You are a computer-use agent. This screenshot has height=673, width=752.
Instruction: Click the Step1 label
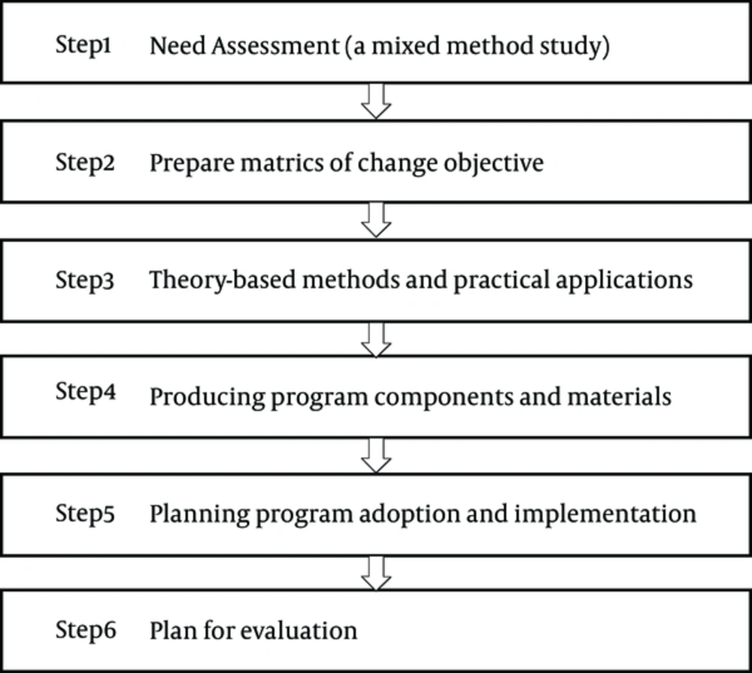click(x=83, y=46)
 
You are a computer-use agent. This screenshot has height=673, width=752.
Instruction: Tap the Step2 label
click(x=85, y=162)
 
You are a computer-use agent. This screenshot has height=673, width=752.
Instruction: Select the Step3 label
click(x=85, y=280)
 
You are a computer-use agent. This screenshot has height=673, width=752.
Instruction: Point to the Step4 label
click(x=86, y=392)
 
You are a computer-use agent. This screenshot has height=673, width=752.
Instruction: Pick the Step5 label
click(x=85, y=514)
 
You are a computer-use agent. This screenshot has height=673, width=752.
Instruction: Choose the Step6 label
click(x=86, y=630)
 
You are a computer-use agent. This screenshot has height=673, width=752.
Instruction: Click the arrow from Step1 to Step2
click(x=376, y=102)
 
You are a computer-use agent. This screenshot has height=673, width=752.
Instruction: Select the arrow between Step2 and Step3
click(x=376, y=220)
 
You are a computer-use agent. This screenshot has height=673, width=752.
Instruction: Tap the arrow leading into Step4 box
click(x=376, y=339)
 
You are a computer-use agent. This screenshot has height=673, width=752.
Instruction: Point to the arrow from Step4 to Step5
click(x=376, y=456)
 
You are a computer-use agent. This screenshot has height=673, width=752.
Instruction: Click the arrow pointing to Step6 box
click(x=376, y=573)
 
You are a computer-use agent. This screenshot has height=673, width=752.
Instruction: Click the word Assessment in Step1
click(x=275, y=47)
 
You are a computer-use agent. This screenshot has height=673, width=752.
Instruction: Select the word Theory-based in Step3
click(x=223, y=280)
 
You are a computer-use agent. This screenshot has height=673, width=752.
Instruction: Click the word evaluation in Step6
click(x=299, y=631)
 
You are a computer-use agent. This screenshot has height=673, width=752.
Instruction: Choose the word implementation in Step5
click(x=605, y=514)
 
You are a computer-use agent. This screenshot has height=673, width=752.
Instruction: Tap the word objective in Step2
click(x=493, y=164)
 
